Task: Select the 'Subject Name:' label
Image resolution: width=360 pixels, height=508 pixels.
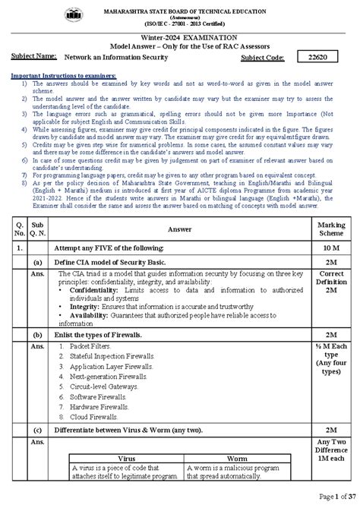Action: [x=34, y=56]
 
